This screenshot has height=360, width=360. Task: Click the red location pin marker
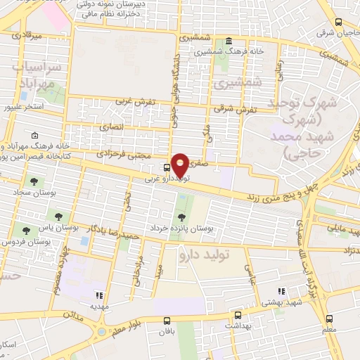(181, 165)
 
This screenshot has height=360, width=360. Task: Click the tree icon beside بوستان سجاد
(34, 182)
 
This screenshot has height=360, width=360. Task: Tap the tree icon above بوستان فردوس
(26, 230)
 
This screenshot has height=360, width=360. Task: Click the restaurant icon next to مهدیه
(100, 296)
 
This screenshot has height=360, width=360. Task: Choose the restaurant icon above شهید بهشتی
(281, 291)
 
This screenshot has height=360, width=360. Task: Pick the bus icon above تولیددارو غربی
(166, 167)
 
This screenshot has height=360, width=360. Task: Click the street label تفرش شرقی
(240, 109)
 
